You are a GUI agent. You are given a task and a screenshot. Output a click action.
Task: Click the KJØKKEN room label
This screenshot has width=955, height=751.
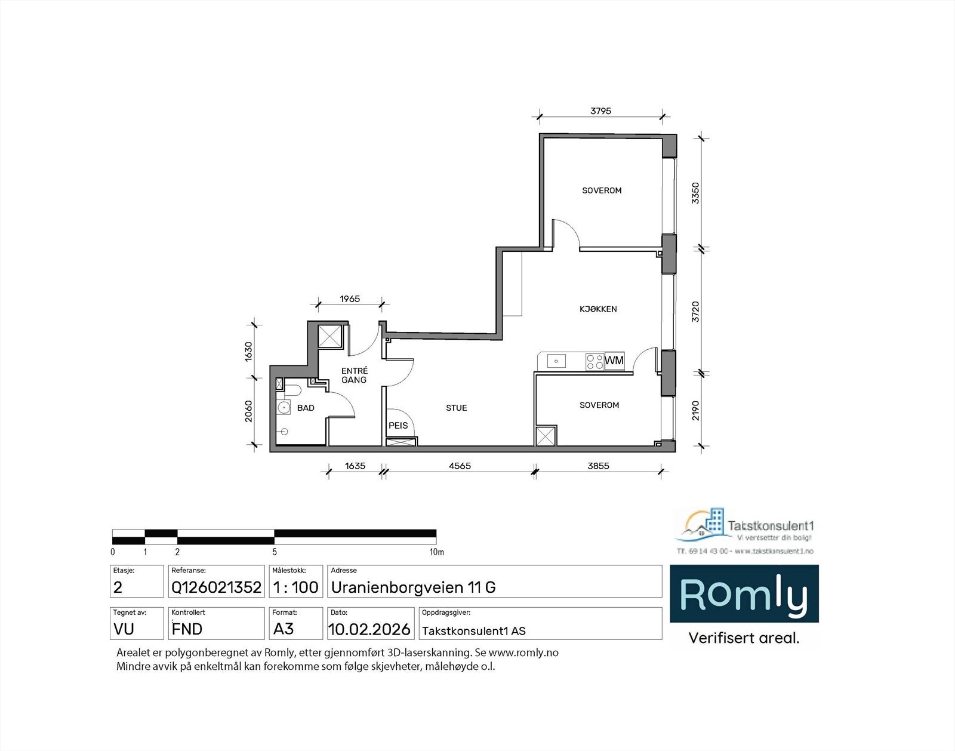click(598, 309)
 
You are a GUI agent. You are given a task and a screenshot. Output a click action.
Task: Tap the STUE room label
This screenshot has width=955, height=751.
click(456, 408)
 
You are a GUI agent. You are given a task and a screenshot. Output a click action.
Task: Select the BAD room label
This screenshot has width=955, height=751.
click(306, 408)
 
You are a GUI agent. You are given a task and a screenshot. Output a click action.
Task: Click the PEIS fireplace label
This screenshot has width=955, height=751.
click(398, 426)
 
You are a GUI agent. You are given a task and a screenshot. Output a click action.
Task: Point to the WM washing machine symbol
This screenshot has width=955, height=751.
click(614, 361)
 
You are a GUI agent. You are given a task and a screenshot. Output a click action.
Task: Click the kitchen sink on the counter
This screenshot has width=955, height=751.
click(556, 361)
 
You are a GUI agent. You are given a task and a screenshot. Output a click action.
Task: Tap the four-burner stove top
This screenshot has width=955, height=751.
click(594, 361)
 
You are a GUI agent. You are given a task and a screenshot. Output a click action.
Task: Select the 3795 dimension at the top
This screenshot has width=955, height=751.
click(600, 111)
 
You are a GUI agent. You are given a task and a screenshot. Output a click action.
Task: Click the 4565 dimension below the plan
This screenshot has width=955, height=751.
click(459, 466)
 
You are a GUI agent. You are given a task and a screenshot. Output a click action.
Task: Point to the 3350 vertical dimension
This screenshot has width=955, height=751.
click(695, 193)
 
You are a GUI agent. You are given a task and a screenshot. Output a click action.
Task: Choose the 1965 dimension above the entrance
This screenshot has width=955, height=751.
click(350, 299)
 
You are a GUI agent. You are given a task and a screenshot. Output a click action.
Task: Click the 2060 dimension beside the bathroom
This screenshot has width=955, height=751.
click(249, 411)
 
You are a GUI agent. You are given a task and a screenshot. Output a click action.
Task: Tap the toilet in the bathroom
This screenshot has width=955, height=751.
click(292, 391)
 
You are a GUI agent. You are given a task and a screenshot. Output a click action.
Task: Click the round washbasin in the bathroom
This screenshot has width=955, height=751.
click(283, 408)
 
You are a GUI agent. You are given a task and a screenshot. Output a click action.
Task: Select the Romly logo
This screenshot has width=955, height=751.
click(744, 595)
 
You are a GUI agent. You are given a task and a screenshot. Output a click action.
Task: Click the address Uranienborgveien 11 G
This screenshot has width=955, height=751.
click(413, 587)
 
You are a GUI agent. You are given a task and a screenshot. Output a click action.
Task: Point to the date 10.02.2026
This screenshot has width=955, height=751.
click(369, 629)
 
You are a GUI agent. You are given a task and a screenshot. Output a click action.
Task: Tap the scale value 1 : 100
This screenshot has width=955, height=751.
click(295, 587)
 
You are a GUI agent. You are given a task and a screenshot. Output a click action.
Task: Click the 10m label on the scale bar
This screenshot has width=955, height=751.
click(437, 552)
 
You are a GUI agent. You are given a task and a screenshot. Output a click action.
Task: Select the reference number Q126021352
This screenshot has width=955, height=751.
click(216, 587)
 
